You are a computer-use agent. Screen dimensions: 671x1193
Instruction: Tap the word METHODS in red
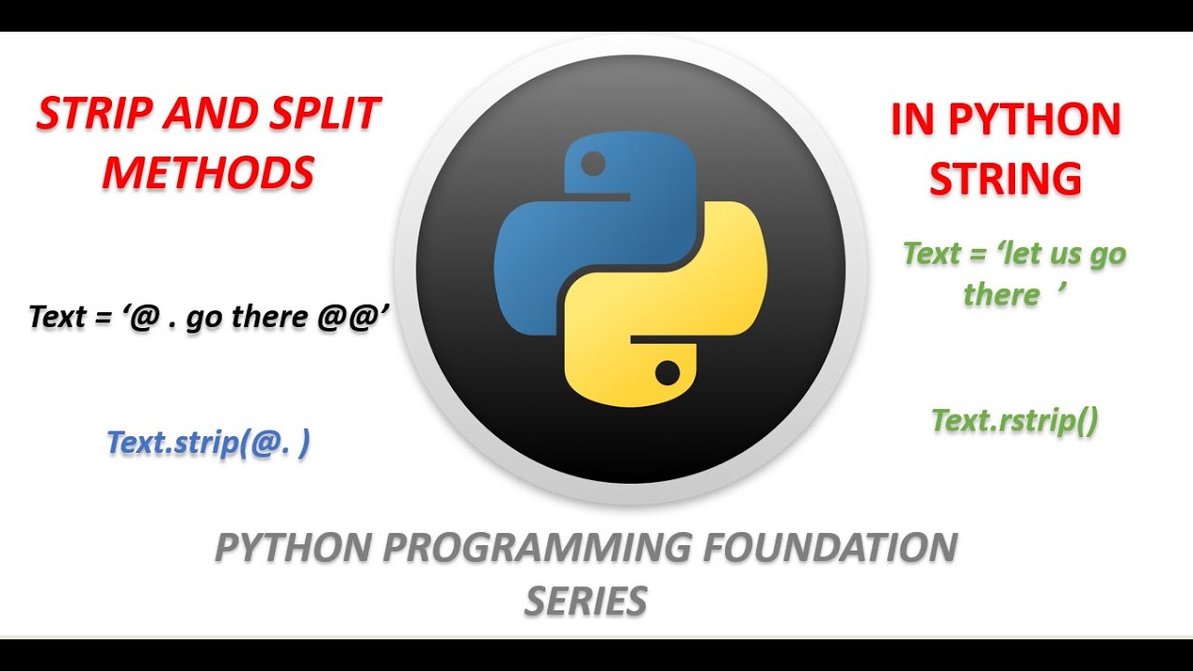click(x=208, y=173)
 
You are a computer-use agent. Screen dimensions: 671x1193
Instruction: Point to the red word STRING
click(x=1006, y=178)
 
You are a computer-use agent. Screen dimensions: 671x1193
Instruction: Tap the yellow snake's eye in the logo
click(x=667, y=374)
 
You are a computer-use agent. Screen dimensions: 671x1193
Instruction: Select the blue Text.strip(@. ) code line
click(x=208, y=443)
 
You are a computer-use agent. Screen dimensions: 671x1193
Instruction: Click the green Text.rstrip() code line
click(x=1014, y=421)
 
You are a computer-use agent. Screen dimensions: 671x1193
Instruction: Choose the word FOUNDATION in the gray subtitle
click(x=829, y=547)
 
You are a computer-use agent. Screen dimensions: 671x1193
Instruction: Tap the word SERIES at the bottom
click(x=585, y=601)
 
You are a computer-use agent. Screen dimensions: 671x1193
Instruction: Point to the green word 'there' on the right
click(x=1001, y=295)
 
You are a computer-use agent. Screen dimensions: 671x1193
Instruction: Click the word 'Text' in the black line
click(x=57, y=317)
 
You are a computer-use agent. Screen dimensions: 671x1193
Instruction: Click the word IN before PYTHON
click(x=911, y=120)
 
